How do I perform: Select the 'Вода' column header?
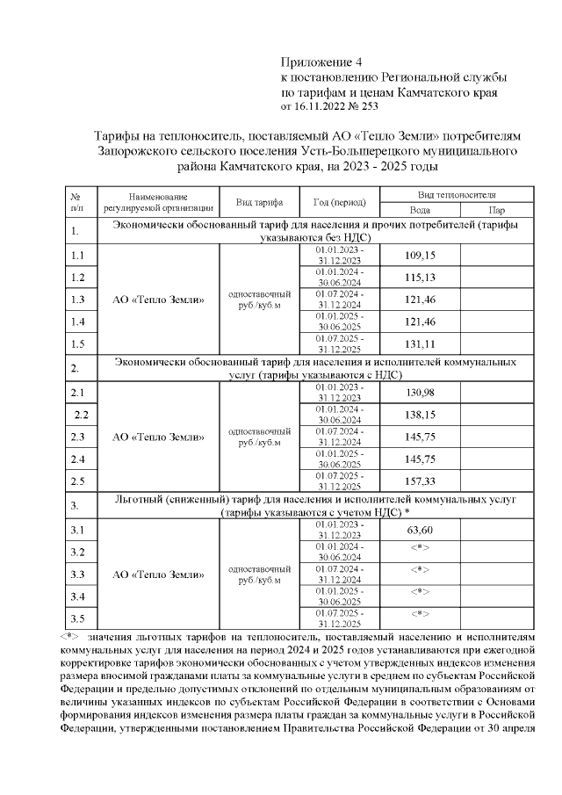click(x=420, y=211)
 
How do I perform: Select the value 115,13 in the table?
click(x=420, y=277)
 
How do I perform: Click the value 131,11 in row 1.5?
click(x=420, y=343)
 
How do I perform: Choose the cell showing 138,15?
click(x=420, y=414)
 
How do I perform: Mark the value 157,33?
click(x=420, y=481)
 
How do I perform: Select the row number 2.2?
click(x=82, y=414)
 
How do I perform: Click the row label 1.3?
click(x=77, y=300)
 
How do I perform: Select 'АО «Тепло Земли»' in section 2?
click(x=160, y=437)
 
